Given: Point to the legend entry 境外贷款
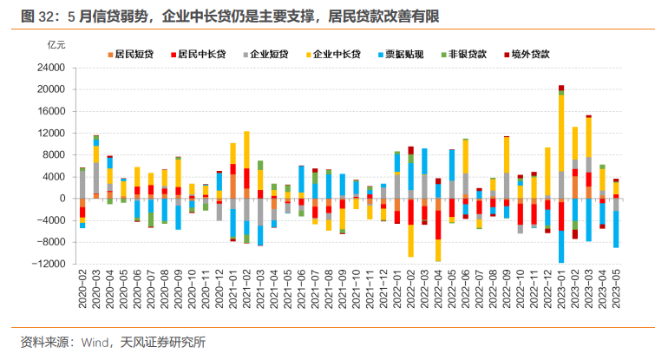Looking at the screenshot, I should click(x=540, y=55).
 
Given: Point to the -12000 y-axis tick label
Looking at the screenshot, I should click(x=49, y=264).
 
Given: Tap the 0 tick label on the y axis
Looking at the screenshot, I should click(x=63, y=199).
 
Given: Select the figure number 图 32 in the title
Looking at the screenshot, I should click(x=36, y=15).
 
